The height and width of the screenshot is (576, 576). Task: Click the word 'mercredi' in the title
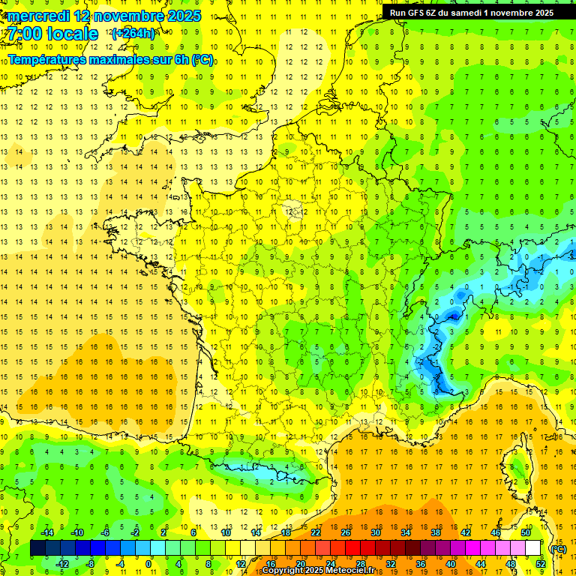(40, 16)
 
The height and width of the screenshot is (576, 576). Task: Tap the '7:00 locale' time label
(53, 34)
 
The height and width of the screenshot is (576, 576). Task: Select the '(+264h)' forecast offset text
(133, 33)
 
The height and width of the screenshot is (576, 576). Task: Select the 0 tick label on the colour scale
(148, 563)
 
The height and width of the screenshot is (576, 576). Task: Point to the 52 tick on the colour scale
(541, 563)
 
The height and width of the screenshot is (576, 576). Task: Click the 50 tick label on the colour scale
(526, 532)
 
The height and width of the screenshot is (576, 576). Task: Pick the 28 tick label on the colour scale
(360, 563)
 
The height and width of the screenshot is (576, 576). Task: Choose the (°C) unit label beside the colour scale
(557, 549)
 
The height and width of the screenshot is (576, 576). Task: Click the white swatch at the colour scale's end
(533, 548)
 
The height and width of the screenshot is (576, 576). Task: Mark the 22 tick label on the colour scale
(316, 532)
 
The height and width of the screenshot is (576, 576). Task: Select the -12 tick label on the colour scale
(62, 563)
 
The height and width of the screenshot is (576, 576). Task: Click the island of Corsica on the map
(516, 459)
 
